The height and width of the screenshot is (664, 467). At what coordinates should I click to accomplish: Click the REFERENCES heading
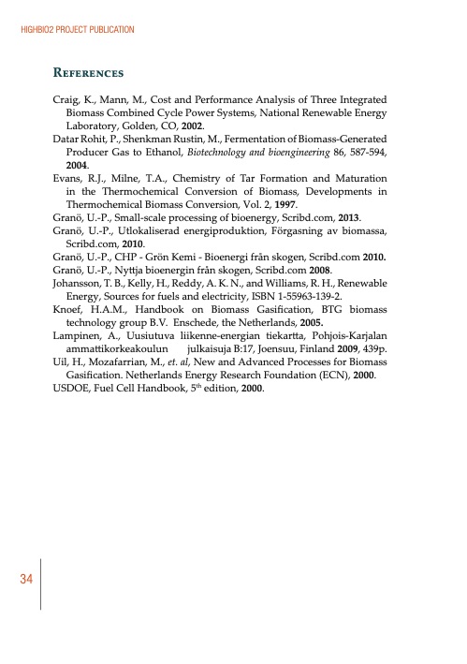point(89,72)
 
